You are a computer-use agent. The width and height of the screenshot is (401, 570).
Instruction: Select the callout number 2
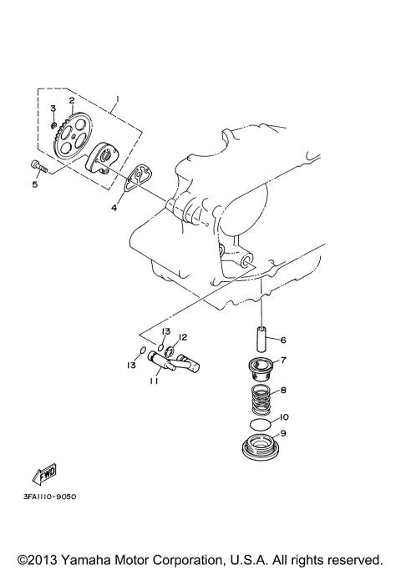pos(72,101)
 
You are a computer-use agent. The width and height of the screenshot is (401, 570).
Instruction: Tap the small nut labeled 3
pos(53,126)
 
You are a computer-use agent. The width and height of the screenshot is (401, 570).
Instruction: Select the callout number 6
pos(283,340)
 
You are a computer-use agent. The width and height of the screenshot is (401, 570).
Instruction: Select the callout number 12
pos(182,337)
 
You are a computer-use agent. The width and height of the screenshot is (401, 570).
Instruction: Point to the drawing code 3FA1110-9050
pos(50,497)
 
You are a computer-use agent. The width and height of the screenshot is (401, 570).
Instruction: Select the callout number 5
pos(34,184)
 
